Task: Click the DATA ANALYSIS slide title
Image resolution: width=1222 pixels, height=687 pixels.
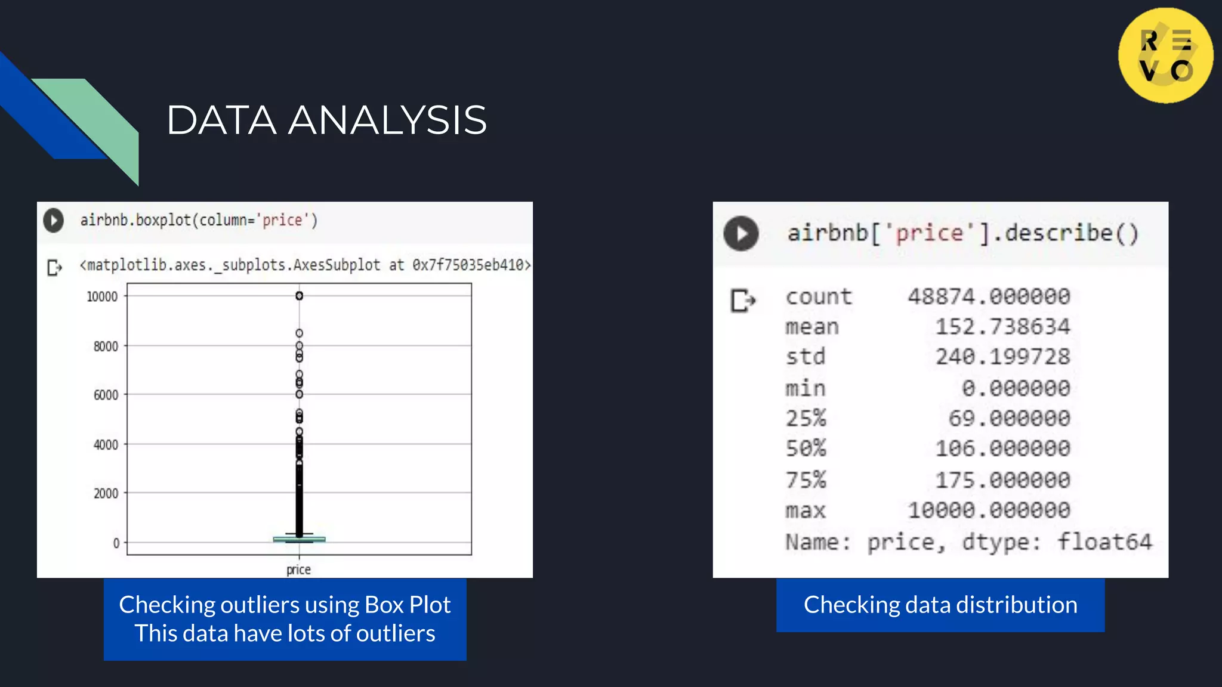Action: point(326,120)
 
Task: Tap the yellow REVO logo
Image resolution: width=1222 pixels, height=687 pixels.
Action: point(1165,55)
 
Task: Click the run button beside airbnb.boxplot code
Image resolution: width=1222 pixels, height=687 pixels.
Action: point(54,221)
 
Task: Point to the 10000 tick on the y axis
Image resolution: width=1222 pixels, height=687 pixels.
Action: point(103,296)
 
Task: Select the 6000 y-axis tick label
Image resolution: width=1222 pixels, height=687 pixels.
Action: point(106,395)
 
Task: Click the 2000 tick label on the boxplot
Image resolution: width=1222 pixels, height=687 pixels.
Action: point(106,493)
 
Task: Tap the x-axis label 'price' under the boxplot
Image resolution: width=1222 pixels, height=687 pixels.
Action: point(298,570)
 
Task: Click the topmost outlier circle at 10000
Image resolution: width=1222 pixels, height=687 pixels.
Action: point(300,296)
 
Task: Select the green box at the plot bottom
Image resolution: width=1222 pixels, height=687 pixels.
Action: point(299,539)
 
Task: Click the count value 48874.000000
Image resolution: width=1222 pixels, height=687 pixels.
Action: point(989,296)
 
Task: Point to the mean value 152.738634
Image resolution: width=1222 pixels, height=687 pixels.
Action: point(1002,327)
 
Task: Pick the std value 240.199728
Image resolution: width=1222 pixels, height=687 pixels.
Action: point(1002,357)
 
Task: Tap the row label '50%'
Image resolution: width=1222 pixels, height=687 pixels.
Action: point(806,448)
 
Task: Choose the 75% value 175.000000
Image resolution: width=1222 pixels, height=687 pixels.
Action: point(1002,480)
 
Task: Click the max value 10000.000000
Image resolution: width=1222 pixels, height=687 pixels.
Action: point(989,510)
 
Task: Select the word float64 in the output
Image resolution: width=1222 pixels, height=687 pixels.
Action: point(1104,542)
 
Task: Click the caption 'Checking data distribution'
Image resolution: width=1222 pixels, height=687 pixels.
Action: point(940,605)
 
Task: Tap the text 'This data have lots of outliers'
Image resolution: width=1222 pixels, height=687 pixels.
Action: point(285,633)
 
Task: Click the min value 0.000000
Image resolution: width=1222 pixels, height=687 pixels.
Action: point(1016,388)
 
